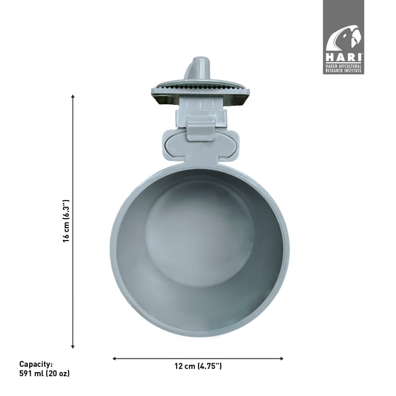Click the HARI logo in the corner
click(344, 37)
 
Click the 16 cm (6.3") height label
click(66, 221)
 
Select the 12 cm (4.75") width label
click(198, 367)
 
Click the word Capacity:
click(36, 364)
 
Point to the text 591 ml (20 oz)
click(45, 374)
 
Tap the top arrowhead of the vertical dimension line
click(73, 97)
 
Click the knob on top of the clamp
click(198, 69)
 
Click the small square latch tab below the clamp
click(200, 128)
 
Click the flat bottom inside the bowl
click(198, 233)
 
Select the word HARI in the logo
click(344, 57)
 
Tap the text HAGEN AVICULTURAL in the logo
click(344, 65)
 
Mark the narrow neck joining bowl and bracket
click(200, 162)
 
